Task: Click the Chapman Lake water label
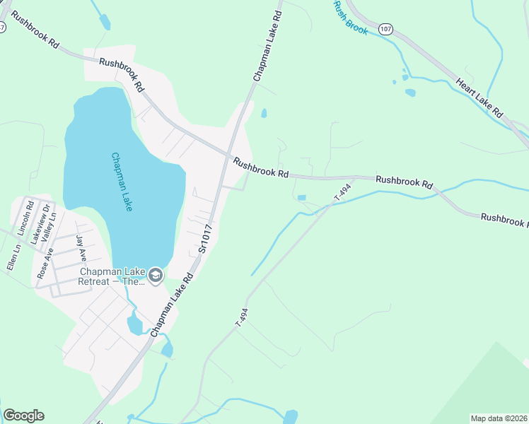click(x=122, y=182)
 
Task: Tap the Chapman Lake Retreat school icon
click(x=155, y=276)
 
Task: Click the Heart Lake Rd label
click(x=479, y=98)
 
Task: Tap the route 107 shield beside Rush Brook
click(x=385, y=29)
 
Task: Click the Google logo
click(x=23, y=416)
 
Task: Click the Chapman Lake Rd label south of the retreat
click(x=171, y=306)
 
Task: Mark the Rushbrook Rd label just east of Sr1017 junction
click(x=261, y=167)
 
